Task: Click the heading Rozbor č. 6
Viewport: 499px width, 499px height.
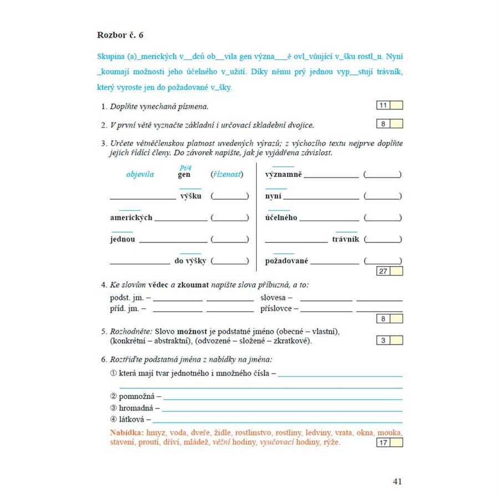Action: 120,35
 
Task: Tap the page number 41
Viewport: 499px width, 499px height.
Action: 397,481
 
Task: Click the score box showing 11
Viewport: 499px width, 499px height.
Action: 383,105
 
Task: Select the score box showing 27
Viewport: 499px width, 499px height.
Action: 383,271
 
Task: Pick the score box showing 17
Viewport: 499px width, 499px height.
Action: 383,442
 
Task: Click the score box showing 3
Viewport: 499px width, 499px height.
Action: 383,340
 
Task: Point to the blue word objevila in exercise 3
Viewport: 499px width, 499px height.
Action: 140,175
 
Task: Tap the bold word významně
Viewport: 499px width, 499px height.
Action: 283,175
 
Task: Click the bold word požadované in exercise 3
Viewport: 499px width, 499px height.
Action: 287,261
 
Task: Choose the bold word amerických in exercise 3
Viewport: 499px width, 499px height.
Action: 131,218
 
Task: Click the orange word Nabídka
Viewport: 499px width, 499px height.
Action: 127,432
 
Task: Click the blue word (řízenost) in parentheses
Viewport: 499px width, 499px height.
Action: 227,175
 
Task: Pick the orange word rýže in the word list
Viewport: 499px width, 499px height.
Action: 330,442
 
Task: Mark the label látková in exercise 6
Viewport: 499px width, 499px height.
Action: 135,420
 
